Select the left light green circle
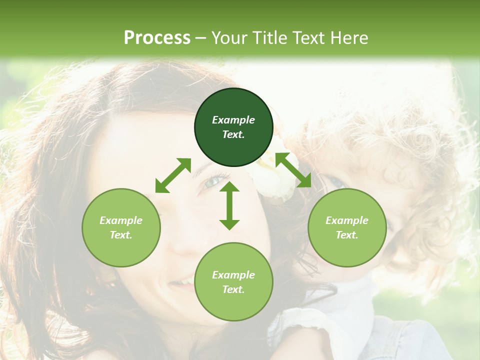[x=121, y=227]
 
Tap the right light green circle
[x=347, y=227]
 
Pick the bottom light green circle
[x=233, y=282]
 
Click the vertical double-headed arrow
[x=229, y=205]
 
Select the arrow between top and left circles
[x=173, y=175]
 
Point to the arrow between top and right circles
[x=293, y=170]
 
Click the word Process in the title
[x=157, y=38]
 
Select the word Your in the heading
[x=229, y=38]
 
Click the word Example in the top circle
[x=233, y=120]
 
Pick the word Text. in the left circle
[x=121, y=235]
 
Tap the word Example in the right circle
[x=347, y=220]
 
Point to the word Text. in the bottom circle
[x=233, y=289]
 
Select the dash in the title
[x=201, y=38]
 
